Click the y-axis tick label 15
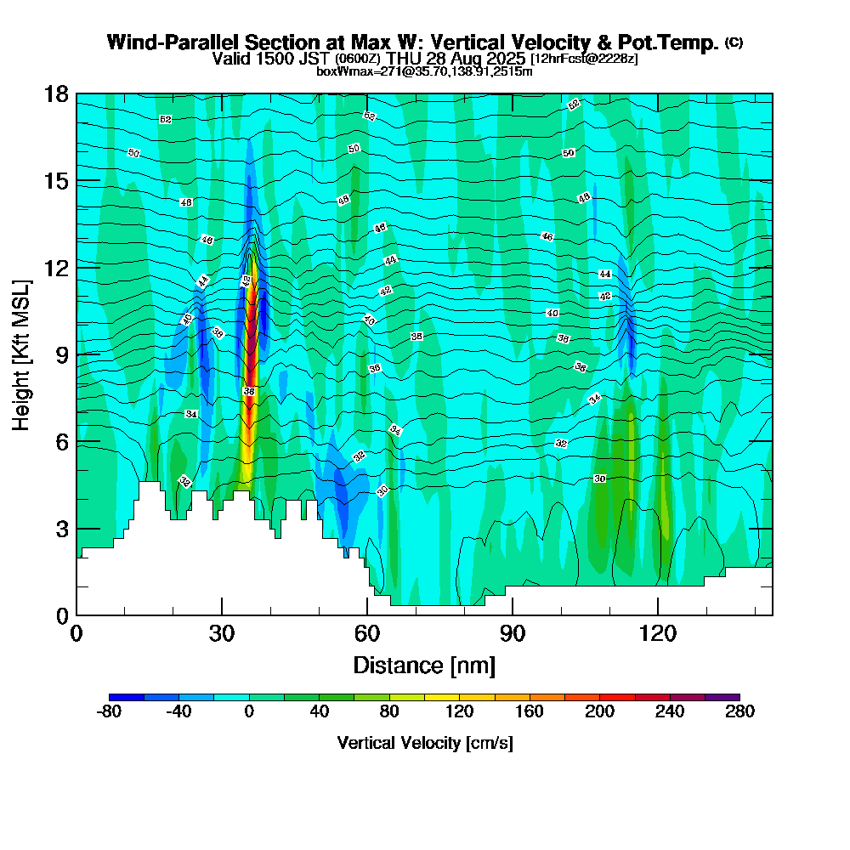click(x=56, y=181)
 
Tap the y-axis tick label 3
click(x=62, y=529)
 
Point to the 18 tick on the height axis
click(x=56, y=93)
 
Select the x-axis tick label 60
click(x=366, y=633)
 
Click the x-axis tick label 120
click(x=657, y=633)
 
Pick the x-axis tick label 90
click(x=512, y=633)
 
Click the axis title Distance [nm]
click(x=424, y=664)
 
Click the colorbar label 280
click(x=739, y=712)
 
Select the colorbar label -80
click(x=109, y=712)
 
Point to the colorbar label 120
click(x=459, y=712)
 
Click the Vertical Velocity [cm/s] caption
click(x=424, y=743)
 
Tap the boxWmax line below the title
click(x=424, y=71)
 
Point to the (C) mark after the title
click(x=734, y=42)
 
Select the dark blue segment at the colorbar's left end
click(x=127, y=697)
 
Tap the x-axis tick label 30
click(x=221, y=633)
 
